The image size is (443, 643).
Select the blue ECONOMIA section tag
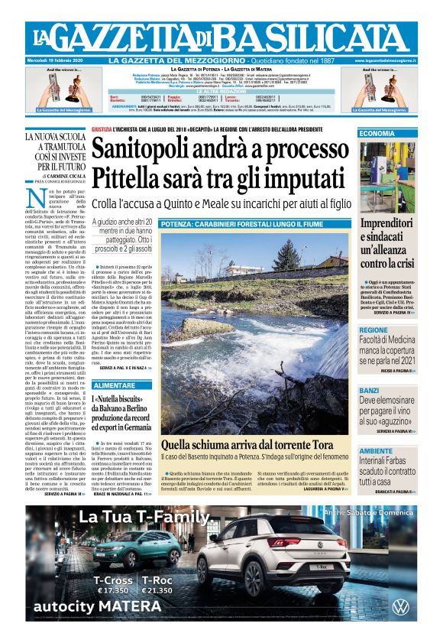click(377, 134)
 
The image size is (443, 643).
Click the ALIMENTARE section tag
click(115, 386)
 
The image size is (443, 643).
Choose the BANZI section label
click(370, 390)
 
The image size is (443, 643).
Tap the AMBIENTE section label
click(376, 450)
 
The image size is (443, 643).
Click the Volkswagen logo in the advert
click(400, 607)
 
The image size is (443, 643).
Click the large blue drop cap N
click(34, 197)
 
